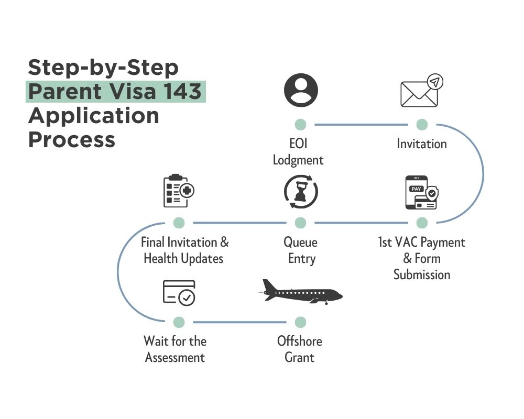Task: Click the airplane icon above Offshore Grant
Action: (301, 292)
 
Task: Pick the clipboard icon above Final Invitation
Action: (178, 191)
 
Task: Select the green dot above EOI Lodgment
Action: (300, 125)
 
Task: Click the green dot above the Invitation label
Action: (422, 125)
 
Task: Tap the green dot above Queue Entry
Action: (300, 223)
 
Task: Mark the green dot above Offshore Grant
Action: (300, 322)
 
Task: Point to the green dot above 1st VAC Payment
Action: (422, 223)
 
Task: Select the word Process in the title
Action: (71, 139)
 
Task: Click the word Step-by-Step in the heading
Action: (103, 67)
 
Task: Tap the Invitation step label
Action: (422, 144)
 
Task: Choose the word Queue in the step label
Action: (300, 242)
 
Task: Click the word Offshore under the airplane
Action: (300, 341)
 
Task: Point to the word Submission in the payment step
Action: (422, 274)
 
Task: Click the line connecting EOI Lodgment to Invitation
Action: (361, 125)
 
